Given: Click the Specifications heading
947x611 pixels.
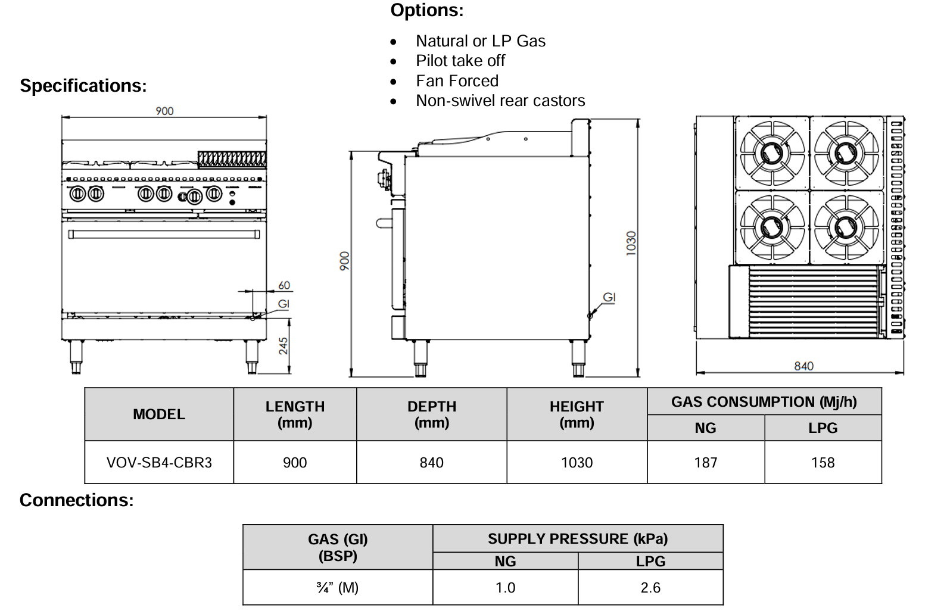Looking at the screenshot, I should [83, 86].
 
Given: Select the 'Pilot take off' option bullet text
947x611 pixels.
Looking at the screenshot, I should [460, 61].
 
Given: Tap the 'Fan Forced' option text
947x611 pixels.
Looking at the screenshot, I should [457, 81].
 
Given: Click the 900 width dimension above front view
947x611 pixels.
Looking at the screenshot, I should [164, 111].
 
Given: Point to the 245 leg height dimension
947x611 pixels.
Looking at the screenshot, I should [284, 345].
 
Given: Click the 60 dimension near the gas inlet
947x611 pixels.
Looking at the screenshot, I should [284, 286].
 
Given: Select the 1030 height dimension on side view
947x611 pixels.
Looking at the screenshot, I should [631, 243].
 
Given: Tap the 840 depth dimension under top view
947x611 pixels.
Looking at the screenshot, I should [803, 366].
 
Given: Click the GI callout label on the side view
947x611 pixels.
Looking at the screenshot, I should [609, 297].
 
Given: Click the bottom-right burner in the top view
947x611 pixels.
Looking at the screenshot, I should [846, 226].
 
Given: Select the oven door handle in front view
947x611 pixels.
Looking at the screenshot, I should [164, 234].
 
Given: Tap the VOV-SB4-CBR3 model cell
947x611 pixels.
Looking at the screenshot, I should [159, 463].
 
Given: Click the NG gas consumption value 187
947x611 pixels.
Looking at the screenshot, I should [705, 463].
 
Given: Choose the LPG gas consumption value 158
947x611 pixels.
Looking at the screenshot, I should [823, 463].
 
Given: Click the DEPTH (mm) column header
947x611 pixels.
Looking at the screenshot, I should [431, 414].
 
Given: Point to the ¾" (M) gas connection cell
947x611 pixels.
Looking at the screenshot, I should [338, 588].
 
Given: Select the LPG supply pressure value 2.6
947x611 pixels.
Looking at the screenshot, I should [650, 588].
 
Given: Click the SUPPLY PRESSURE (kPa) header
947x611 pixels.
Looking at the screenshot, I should [577, 539].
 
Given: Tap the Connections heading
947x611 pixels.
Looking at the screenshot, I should [77, 500].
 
